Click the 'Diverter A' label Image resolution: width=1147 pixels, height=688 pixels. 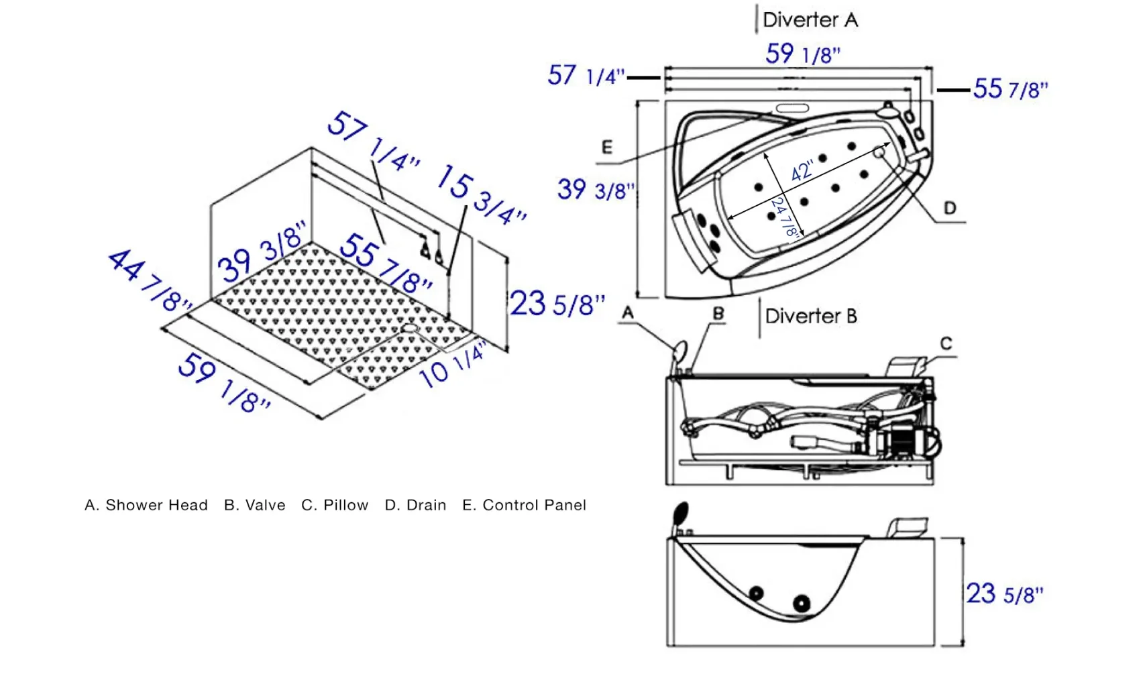pos(810,20)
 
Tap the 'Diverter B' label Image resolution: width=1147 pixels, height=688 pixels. pos(811,316)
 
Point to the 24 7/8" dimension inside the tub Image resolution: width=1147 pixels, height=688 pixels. pos(785,217)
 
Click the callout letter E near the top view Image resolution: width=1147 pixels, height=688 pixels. pos(607,148)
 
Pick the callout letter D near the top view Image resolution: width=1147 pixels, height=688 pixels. pos(950,208)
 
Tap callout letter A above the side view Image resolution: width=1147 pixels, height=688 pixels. pos(628,312)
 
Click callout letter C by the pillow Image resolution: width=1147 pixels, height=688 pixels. pos(946,343)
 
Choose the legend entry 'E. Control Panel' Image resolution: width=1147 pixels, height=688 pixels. pos(525,505)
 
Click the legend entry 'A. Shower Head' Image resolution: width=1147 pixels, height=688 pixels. pos(146,505)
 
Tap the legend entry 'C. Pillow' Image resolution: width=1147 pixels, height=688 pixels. pos(335,505)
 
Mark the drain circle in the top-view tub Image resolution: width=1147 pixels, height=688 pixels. pos(879,152)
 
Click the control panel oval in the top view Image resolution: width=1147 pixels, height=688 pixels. pos(792,108)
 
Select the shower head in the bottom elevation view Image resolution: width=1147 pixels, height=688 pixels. pos(681,514)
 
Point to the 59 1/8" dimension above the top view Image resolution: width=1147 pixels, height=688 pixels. pos(803,54)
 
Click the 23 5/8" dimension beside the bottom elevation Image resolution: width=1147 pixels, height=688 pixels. pos(1005,594)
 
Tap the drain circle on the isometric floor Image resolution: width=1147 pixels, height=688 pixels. pos(410,328)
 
